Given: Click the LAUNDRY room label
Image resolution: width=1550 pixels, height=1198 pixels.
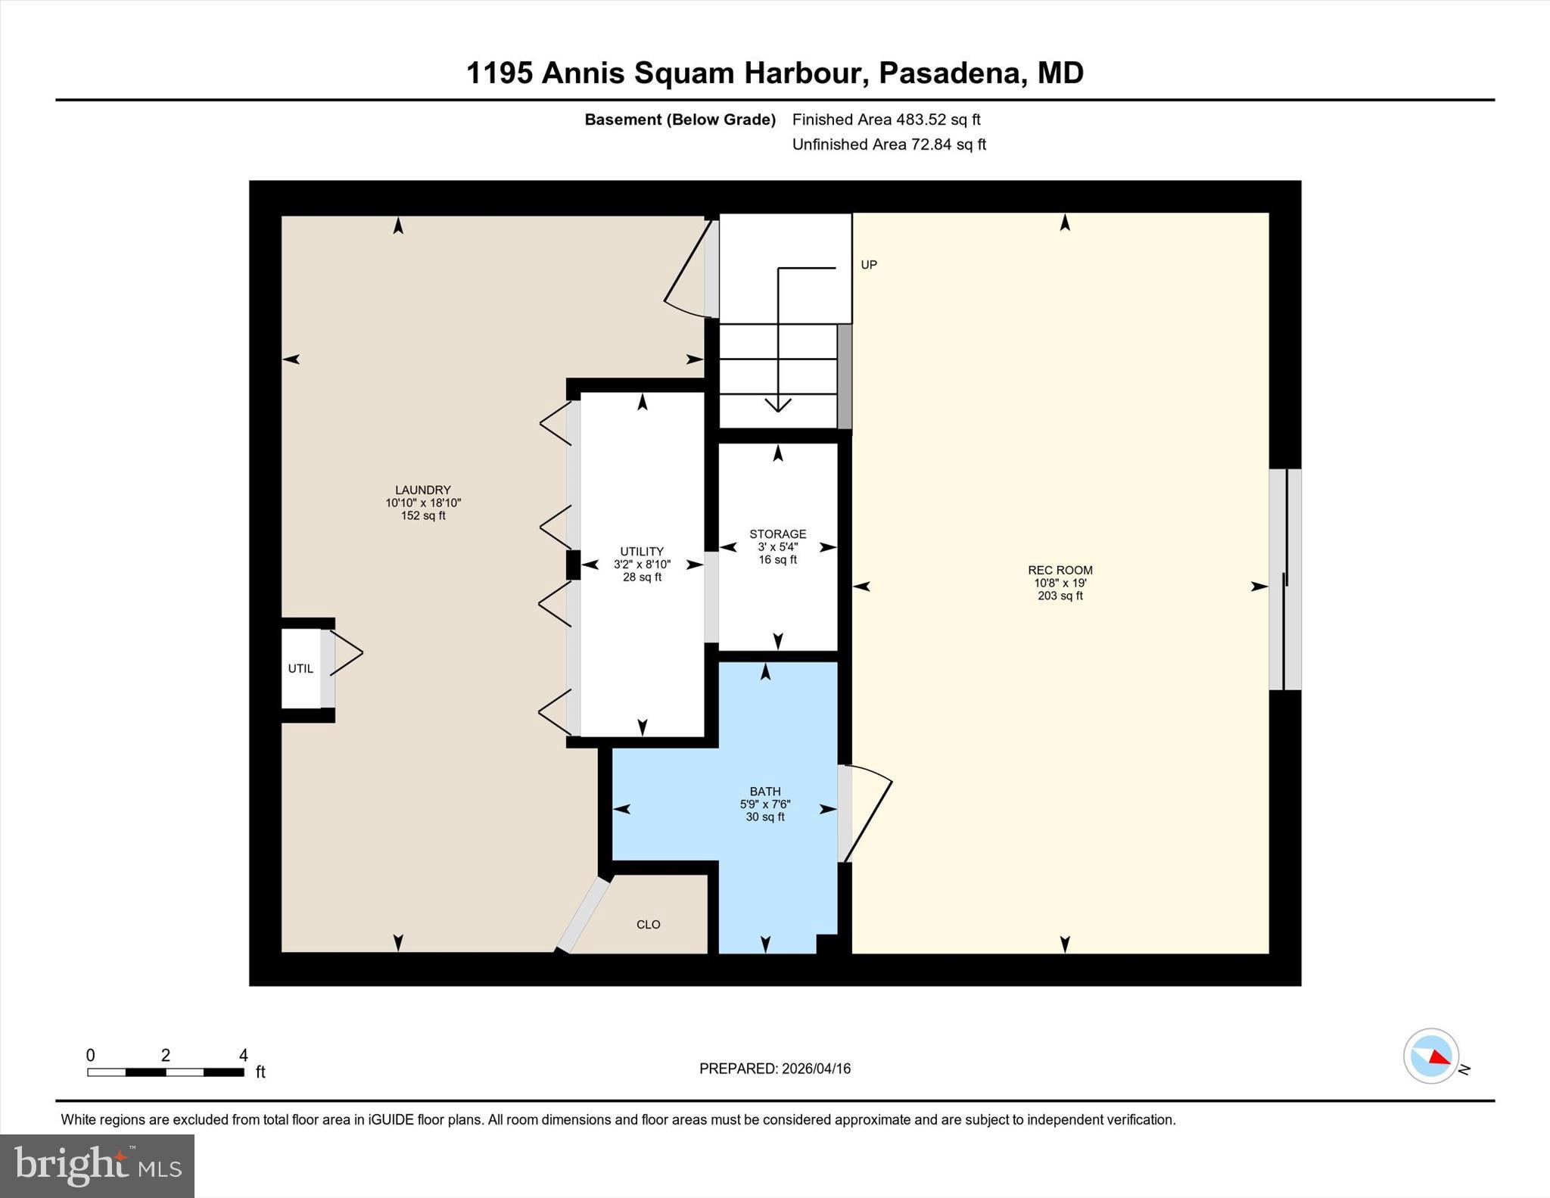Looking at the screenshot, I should [x=422, y=490].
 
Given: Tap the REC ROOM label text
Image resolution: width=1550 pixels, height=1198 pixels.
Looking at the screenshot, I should [x=1060, y=571].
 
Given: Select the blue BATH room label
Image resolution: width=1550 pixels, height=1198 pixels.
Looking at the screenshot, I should [x=765, y=792].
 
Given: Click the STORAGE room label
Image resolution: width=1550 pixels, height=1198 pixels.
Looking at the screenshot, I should [x=777, y=534].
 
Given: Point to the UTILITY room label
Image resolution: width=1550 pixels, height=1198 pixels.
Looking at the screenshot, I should [x=642, y=552].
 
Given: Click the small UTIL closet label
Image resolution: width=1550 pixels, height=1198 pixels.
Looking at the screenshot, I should [x=300, y=669].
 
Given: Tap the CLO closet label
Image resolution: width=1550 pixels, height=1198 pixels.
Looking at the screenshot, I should [x=649, y=925].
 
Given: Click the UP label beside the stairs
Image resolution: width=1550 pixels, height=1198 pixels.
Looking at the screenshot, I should [x=869, y=265].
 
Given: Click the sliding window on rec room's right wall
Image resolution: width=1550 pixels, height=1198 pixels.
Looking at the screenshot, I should [x=1285, y=580].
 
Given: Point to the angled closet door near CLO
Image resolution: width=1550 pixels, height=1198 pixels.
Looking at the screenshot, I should [x=584, y=914].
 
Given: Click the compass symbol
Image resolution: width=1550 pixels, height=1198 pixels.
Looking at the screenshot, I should [x=1430, y=1056].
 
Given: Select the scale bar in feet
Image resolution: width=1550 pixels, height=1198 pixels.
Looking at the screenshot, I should [x=166, y=1072].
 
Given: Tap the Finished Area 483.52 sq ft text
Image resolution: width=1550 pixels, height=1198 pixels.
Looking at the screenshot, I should [x=885, y=120].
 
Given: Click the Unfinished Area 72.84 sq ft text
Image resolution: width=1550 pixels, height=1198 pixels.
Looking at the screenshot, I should [x=889, y=145].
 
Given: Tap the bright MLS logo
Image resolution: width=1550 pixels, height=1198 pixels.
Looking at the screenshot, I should [x=97, y=1165].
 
